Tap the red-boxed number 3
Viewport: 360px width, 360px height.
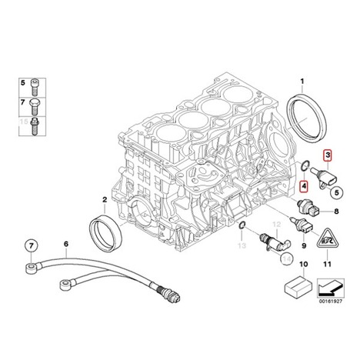[328, 155]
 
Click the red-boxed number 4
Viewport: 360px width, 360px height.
[304, 186]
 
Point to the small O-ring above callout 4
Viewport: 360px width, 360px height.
[302, 165]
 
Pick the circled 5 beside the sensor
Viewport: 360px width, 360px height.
[337, 192]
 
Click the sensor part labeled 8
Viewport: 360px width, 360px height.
[308, 208]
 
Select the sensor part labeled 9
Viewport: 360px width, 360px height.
[302, 225]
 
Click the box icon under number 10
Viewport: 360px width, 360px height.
[298, 285]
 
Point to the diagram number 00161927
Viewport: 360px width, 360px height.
[331, 302]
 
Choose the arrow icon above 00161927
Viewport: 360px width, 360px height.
[331, 288]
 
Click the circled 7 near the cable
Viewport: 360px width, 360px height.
[31, 246]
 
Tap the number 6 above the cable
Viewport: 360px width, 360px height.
[66, 244]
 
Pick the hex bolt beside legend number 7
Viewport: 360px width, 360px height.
[35, 107]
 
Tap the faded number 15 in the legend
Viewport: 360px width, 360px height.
[24, 122]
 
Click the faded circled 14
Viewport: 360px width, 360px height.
[286, 258]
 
